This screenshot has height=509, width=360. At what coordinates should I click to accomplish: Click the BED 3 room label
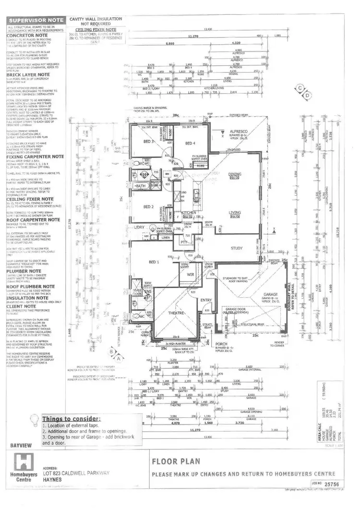pos(148,142)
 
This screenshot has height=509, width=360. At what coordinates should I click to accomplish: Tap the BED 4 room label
pos(190,143)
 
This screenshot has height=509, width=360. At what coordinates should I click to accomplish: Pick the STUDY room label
pos(236,248)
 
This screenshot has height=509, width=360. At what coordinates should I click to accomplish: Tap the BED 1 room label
pos(154,262)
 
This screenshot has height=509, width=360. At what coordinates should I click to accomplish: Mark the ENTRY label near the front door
pos(206,300)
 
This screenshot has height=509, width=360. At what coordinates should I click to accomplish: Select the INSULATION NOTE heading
pos(30,297)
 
